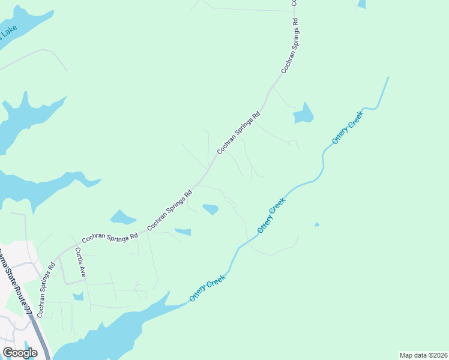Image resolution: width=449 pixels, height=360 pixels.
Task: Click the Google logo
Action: [20, 353]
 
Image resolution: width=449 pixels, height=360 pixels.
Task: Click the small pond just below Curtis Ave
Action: [78, 296]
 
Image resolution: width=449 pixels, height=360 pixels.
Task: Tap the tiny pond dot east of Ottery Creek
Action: [317, 225]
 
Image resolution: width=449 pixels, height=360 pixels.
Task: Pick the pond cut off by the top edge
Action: [361, 4]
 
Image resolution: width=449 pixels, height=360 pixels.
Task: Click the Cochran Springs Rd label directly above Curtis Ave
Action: [110, 237]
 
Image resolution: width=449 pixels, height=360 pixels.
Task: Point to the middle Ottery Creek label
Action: [271, 217]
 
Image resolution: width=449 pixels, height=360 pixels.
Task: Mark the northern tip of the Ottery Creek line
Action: [388, 77]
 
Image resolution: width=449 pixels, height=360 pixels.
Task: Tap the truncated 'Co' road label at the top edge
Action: [295, 3]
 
